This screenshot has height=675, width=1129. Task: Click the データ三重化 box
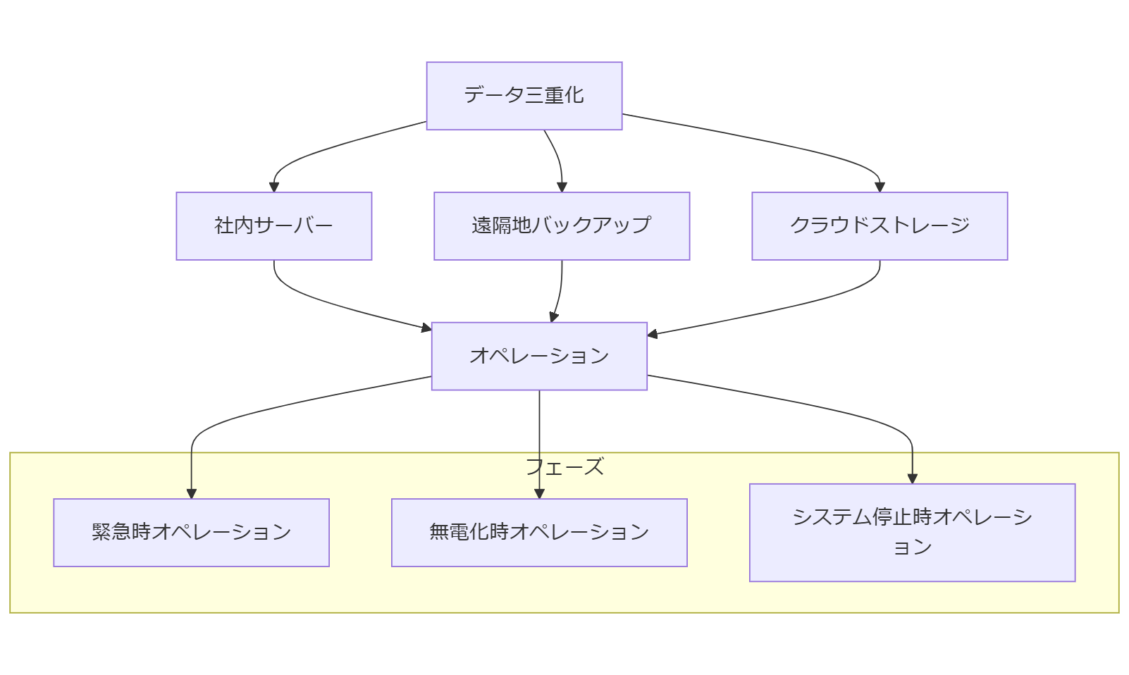524,96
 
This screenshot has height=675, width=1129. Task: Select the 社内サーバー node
273,226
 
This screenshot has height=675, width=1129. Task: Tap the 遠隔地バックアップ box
561,226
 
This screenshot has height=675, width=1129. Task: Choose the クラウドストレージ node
879,226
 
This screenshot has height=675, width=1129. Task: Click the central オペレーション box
539,356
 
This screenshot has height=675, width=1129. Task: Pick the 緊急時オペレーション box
191,533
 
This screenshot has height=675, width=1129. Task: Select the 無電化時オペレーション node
539,533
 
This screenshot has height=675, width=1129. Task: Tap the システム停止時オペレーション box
911,533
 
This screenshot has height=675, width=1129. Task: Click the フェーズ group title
564,466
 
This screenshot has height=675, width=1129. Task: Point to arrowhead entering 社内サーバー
274,187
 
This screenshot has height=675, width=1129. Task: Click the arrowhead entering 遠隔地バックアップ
562,187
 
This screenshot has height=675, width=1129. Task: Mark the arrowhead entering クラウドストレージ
880,187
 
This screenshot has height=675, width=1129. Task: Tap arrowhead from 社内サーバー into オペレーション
426,328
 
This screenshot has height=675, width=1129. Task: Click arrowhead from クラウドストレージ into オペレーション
653,334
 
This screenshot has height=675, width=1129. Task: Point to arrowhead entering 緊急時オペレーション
191,494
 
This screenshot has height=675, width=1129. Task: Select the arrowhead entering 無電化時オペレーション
539,494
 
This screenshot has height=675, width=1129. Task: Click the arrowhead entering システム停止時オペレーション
912,479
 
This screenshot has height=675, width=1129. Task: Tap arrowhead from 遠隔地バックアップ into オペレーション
554,318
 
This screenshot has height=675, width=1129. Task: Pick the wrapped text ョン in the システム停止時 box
912,547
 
